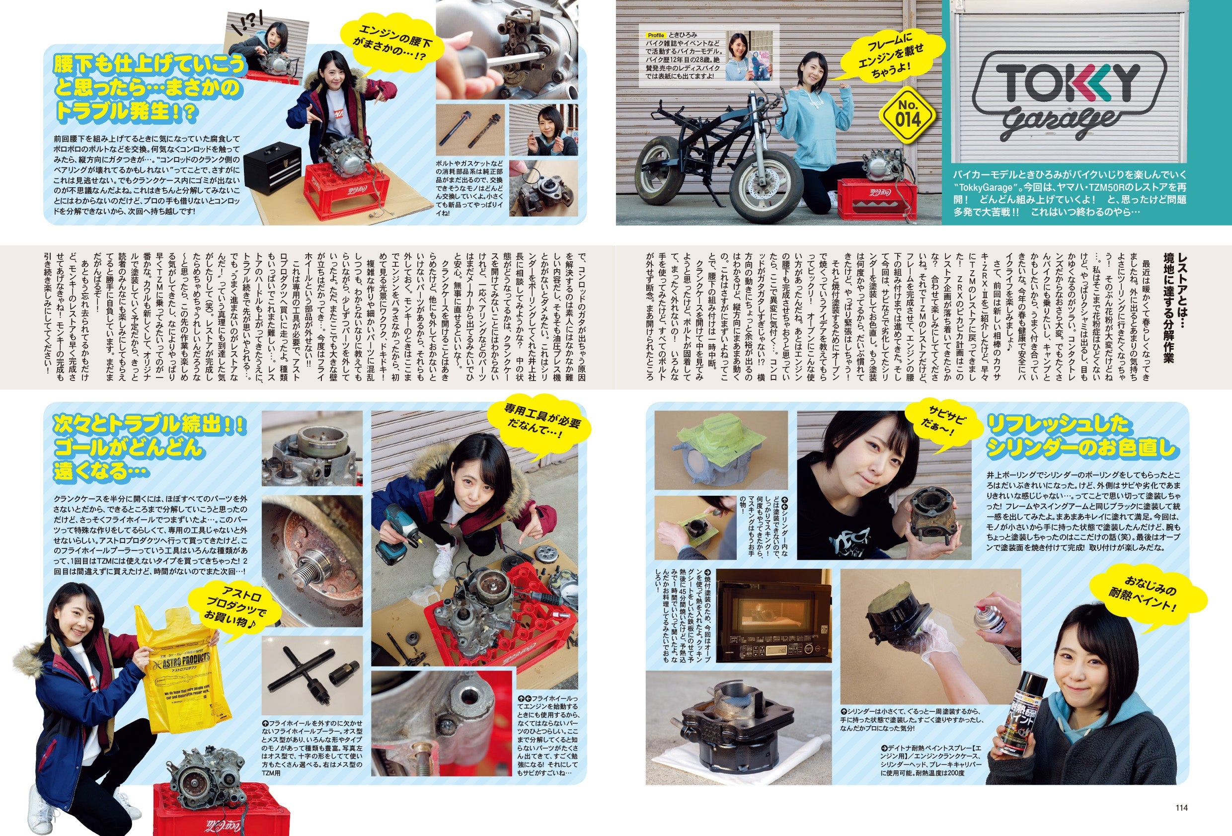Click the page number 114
(1181, 807)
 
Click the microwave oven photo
(773, 615)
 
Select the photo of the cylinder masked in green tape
(720, 451)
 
